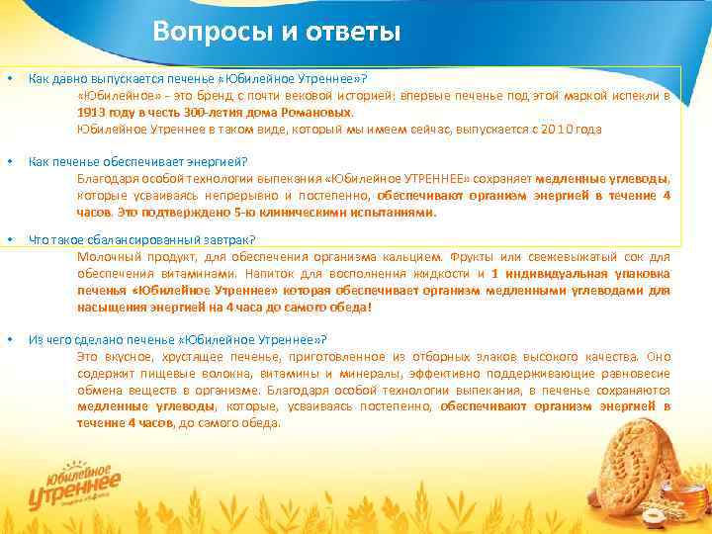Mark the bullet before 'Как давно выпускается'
[9, 77]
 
